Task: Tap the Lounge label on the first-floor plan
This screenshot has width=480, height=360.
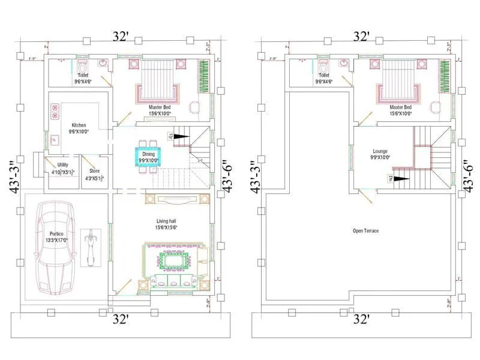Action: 380,154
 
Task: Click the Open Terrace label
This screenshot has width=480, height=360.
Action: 365,230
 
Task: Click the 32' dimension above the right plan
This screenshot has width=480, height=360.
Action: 361,37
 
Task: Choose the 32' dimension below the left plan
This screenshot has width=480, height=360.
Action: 121,319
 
